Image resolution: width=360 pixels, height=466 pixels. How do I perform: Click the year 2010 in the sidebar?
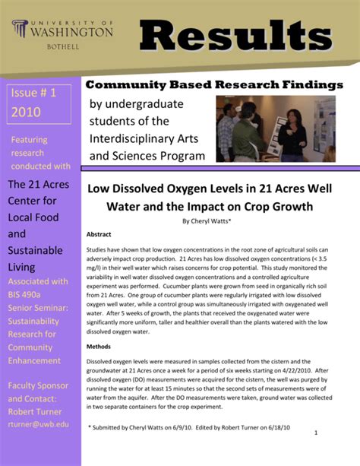click(x=27, y=113)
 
